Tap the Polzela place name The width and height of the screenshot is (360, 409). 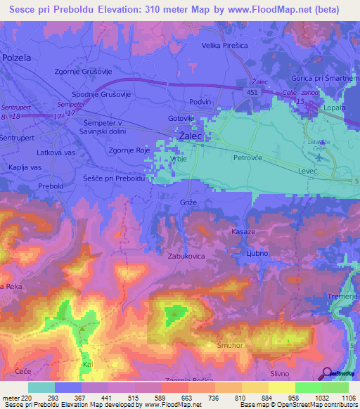click(18, 58)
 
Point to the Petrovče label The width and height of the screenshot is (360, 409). click(247, 159)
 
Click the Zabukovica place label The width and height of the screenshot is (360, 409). click(186, 257)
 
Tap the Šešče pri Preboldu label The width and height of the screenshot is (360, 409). click(114, 179)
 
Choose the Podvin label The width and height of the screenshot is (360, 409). click(201, 102)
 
